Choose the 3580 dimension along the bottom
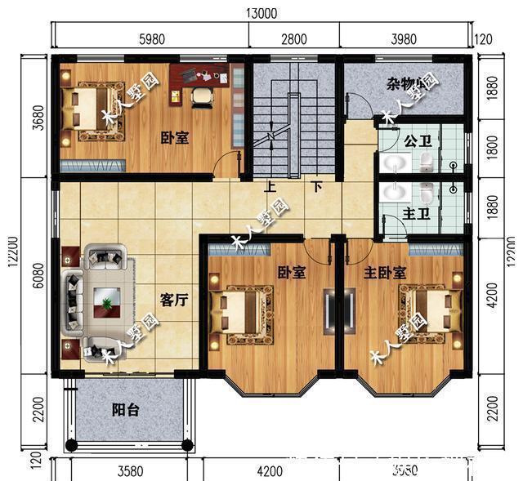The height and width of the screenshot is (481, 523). pos(131,470)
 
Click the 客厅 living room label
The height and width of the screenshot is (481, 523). pos(174,300)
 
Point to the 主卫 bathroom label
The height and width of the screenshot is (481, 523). pos(416,214)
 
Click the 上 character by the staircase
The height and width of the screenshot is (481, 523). pos(270,186)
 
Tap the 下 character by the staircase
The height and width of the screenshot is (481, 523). pos(316,186)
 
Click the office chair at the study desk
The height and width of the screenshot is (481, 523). pos(201,96)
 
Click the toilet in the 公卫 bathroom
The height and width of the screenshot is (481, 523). pos(425,164)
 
